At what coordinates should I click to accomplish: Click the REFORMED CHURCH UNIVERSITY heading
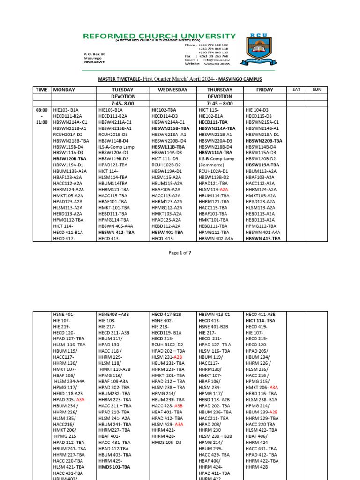(159, 36)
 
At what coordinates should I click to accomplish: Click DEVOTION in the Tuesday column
(123, 97)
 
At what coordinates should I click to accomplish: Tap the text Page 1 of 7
(180, 253)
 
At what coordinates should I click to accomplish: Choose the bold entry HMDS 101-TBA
(114, 467)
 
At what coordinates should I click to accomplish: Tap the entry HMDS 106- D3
(166, 442)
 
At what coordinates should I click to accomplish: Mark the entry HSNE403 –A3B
(116, 315)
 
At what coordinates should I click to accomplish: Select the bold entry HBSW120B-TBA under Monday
(69, 159)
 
